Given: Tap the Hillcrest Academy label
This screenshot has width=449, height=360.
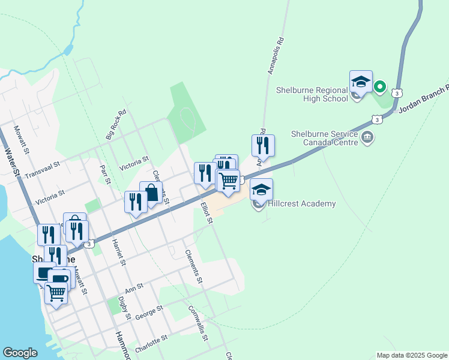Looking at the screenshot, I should [x=302, y=204].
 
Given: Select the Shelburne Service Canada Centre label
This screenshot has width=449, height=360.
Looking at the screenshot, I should [x=324, y=139].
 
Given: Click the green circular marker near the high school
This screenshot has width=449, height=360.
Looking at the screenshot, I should [x=379, y=87].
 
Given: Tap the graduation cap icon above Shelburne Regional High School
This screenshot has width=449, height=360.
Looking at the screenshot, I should [x=361, y=82].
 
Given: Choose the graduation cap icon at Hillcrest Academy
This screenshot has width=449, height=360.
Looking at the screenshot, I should [x=261, y=190].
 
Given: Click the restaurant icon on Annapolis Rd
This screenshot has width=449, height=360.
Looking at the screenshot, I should [x=263, y=145].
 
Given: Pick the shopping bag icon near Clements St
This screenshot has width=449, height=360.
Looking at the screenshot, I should [x=151, y=193].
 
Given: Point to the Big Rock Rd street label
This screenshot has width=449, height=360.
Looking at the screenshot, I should [x=116, y=125].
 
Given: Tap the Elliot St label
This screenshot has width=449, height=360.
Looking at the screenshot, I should [x=206, y=212].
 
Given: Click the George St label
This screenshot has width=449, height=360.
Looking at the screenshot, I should [x=149, y=312].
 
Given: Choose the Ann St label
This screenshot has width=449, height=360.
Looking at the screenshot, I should [x=135, y=288].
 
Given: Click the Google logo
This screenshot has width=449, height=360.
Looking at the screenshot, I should [x=20, y=353].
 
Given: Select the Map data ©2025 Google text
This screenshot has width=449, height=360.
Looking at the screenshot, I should [x=411, y=355].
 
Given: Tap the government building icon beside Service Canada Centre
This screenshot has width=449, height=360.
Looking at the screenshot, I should [x=366, y=139].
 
